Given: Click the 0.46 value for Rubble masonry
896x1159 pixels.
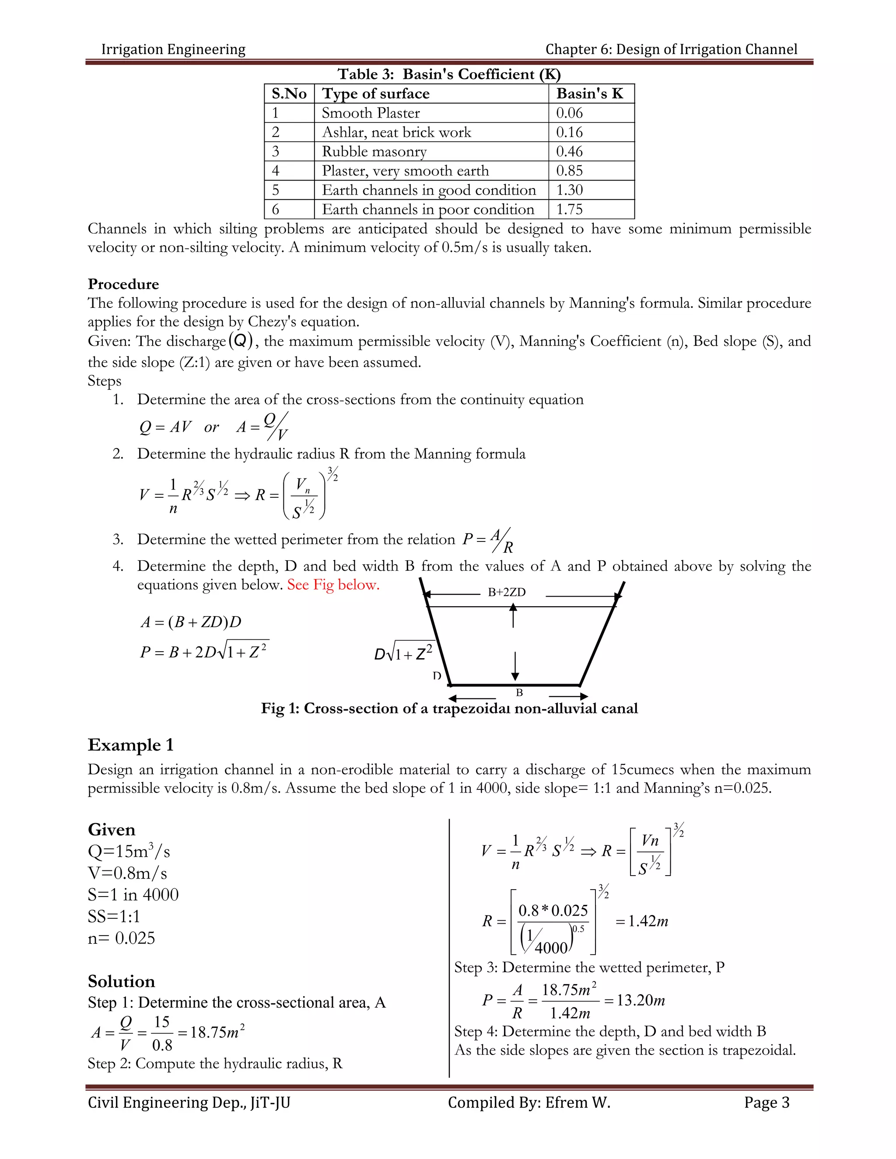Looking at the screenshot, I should tap(569, 151).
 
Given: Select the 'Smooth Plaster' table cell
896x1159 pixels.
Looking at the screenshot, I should tap(371, 113).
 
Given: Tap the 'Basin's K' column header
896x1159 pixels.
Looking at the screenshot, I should tap(589, 94).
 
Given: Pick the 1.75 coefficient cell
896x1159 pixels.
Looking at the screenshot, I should tap(569, 209).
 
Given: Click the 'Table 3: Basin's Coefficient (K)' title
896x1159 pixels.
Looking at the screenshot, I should tap(449, 74).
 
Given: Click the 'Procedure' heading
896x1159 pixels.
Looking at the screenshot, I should tap(123, 284).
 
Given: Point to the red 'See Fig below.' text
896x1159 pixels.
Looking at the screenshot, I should tap(333, 585).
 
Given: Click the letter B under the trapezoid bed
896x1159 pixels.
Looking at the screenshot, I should tap(519, 692).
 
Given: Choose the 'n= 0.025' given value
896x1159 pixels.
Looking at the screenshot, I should tap(121, 938).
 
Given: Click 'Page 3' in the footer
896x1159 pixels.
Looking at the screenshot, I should tap(766, 1102).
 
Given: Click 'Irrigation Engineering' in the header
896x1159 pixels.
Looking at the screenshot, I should tap(173, 49).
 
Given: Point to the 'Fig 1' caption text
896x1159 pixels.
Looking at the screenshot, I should tap(449, 709).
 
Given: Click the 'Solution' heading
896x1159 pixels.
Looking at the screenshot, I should tap(121, 981).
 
